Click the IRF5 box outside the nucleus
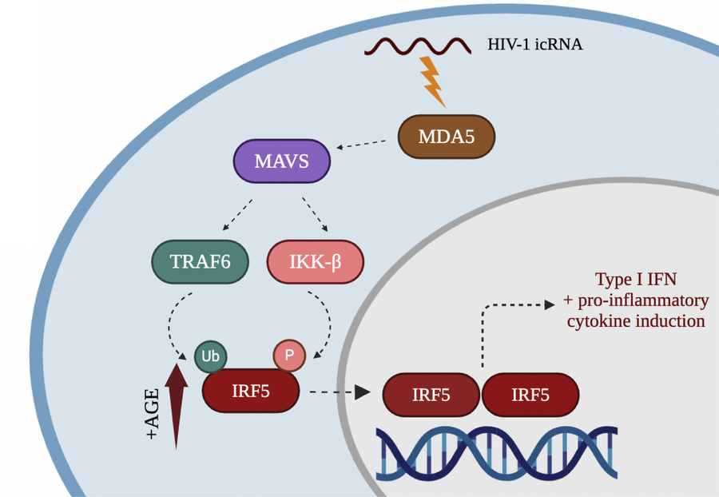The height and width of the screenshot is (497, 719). [x=251, y=391]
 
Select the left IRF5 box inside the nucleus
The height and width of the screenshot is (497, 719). [x=431, y=395]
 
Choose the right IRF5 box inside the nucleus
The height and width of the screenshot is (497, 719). [x=530, y=395]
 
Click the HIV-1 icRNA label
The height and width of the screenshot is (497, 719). [x=534, y=45]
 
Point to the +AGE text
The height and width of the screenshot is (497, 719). [x=152, y=415]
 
